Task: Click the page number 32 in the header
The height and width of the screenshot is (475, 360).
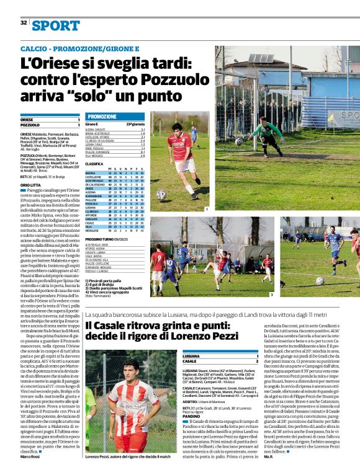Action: pyautogui.click(x=24, y=23)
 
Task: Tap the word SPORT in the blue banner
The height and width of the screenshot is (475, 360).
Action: pyautogui.click(x=56, y=25)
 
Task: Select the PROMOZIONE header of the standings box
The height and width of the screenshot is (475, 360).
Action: pyautogui.click(x=102, y=117)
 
